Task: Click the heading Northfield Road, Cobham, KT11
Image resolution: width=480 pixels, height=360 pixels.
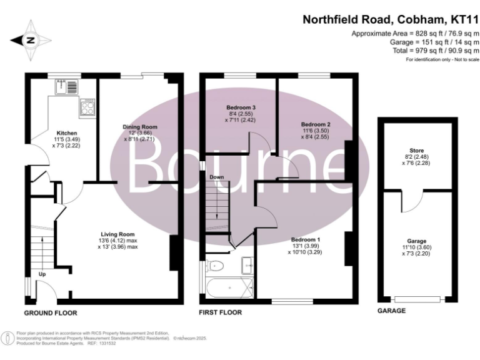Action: pyautogui.click(x=391, y=19)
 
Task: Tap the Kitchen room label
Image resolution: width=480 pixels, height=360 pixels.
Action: pyautogui.click(x=67, y=133)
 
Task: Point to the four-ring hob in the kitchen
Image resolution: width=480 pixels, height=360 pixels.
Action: pyautogui.click(x=86, y=109)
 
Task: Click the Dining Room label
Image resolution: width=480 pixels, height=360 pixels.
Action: pyautogui.click(x=139, y=127)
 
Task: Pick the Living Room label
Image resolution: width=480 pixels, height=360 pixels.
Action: pyautogui.click(x=118, y=234)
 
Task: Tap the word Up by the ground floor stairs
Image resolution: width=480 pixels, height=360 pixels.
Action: pyautogui.click(x=42, y=274)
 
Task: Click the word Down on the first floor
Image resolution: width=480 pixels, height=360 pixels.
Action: pyautogui.click(x=216, y=177)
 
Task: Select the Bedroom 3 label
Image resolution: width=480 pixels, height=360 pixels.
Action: pyautogui.click(x=241, y=107)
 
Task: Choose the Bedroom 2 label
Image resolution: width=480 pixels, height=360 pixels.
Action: pyautogui.click(x=315, y=124)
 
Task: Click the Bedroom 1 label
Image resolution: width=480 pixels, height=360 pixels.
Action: pyautogui.click(x=306, y=239)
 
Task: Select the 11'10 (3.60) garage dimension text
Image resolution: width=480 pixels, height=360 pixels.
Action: pyautogui.click(x=417, y=248)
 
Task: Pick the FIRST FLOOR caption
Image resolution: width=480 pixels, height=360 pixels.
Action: pyautogui.click(x=219, y=311)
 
